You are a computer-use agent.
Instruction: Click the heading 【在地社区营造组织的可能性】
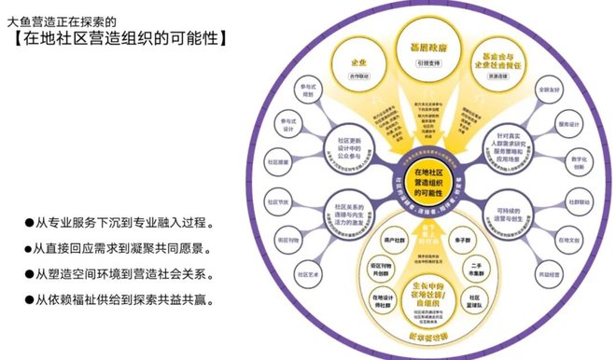pos(117,39)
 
